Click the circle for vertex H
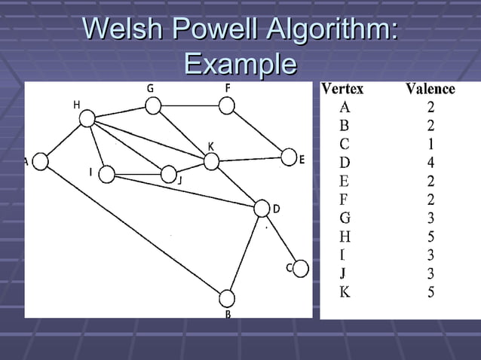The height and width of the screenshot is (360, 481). coord(87,118)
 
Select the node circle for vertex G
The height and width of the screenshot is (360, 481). coord(153,105)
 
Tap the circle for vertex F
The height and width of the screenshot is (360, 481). coord(227,105)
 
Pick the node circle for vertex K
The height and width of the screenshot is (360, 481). coord(211,161)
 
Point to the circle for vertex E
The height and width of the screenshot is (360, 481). coord(289,157)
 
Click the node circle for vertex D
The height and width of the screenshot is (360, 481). coord(262,208)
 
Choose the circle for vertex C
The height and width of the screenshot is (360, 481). coord(300,268)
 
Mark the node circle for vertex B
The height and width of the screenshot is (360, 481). coord(227,298)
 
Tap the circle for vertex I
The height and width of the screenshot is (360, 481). coord(107,175)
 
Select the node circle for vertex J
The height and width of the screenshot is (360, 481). coord(168,174)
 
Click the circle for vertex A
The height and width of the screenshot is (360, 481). coord(41,161)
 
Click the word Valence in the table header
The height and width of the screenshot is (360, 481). coord(430,89)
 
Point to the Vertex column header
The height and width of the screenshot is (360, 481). coord(343,89)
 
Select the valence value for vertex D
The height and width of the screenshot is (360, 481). coord(430,162)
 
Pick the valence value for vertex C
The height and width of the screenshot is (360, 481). coord(430,143)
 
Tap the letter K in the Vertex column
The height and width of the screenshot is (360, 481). coord(345,291)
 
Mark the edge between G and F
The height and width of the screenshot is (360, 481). coord(190,105)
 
